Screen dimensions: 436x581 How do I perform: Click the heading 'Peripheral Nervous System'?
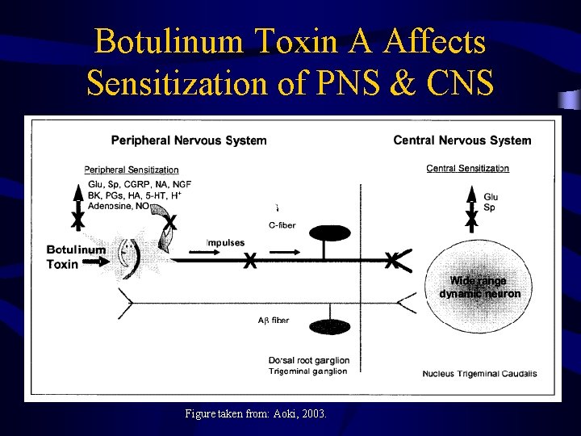189,140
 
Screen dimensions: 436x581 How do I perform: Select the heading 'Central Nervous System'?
462,140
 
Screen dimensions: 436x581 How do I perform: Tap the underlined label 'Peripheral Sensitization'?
132,170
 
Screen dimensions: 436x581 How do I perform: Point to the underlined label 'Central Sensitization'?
467,169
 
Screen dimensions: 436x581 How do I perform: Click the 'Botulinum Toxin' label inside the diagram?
75,257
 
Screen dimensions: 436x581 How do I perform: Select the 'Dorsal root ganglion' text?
309,360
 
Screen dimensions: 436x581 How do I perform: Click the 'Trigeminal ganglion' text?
307,371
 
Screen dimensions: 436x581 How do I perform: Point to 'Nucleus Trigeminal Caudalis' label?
479,374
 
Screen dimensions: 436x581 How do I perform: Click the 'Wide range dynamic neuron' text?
479,287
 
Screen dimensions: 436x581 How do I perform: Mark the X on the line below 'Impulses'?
251,261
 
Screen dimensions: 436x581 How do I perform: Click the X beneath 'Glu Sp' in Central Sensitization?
471,219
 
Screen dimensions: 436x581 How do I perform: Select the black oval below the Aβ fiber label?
329,327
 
